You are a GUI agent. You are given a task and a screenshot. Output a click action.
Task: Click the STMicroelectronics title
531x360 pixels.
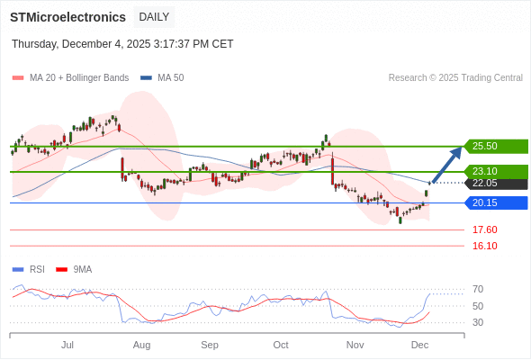[x=67, y=17]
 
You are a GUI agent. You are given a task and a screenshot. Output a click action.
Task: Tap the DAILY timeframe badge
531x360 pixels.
[x=154, y=17]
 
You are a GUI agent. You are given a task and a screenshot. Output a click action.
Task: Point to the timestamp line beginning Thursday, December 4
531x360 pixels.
[x=122, y=43]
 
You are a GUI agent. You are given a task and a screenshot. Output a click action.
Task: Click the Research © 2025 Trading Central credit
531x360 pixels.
[x=455, y=77]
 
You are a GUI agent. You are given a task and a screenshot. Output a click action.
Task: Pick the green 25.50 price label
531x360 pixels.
[x=495, y=146]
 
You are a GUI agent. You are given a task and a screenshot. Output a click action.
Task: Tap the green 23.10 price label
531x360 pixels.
[x=495, y=171]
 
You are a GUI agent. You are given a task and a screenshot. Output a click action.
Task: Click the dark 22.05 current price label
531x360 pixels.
[x=495, y=183]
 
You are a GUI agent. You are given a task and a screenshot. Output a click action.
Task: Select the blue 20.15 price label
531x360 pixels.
[x=495, y=202]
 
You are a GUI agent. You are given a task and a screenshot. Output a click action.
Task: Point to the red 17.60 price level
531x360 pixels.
[x=484, y=229]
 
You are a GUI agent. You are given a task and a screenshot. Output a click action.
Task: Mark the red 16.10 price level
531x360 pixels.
[x=484, y=246]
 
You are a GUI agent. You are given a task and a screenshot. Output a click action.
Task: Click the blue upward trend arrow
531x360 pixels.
[x=446, y=165]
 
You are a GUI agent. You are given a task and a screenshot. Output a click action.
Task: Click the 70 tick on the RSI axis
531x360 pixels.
[x=478, y=289]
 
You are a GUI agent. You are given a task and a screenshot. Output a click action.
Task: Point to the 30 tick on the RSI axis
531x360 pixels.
[x=478, y=322]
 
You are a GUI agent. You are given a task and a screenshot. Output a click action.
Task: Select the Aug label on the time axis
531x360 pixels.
[x=141, y=345]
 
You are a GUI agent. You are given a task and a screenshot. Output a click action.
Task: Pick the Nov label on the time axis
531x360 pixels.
[x=355, y=345]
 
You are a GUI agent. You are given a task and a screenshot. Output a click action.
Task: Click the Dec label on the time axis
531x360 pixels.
[x=419, y=345]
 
